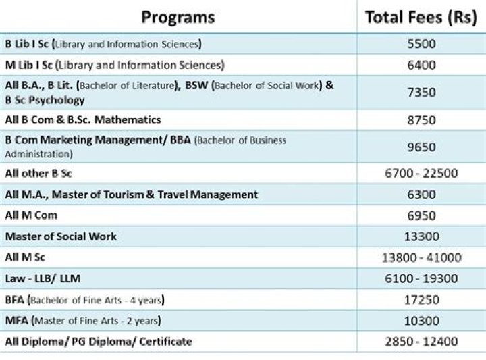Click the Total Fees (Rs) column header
pyautogui.click(x=421, y=18)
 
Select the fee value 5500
pyautogui.click(x=421, y=45)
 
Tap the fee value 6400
pyautogui.click(x=421, y=66)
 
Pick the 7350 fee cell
pyautogui.click(x=421, y=93)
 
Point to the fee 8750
pyautogui.click(x=421, y=120)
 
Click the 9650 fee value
pyautogui.click(x=421, y=146)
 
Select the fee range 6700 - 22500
pyautogui.click(x=421, y=174)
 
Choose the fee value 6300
pyautogui.click(x=421, y=195)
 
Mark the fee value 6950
pyautogui.click(x=421, y=215)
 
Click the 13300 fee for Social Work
pyautogui.click(x=421, y=236)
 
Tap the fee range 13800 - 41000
pyautogui.click(x=421, y=257)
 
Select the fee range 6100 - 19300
pyautogui.click(x=421, y=278)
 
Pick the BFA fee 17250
pyautogui.click(x=421, y=299)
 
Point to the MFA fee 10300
pyautogui.click(x=421, y=320)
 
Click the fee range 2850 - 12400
pyautogui.click(x=421, y=342)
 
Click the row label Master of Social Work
pyautogui.click(x=61, y=236)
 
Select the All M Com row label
pyautogui.click(x=31, y=215)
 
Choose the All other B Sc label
pyautogui.click(x=38, y=174)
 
